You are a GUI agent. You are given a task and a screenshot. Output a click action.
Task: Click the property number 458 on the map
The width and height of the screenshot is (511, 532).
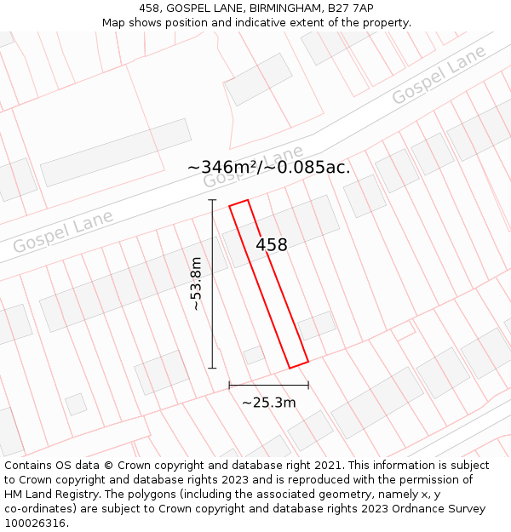(x=272, y=245)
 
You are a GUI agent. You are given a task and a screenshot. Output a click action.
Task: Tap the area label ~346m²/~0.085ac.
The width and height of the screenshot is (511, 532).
(x=268, y=168)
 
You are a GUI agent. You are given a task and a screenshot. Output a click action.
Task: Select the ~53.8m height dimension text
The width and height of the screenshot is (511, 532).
(x=197, y=283)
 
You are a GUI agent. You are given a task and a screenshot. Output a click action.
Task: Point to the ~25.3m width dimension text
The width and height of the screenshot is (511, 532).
(x=268, y=403)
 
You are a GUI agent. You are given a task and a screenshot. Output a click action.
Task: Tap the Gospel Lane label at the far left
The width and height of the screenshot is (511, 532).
(x=63, y=234)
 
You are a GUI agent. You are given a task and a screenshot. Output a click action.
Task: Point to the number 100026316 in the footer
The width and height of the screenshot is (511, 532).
(x=35, y=523)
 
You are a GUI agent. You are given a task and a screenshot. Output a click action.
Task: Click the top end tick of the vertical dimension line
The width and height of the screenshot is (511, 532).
(x=212, y=200)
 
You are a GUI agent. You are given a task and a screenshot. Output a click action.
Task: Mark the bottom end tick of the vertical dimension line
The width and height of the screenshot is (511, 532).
(x=212, y=369)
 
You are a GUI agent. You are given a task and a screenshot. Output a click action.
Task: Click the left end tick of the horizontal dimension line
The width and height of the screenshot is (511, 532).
(x=229, y=386)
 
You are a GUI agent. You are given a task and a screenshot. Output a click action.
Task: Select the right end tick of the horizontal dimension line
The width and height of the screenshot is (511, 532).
(x=308, y=386)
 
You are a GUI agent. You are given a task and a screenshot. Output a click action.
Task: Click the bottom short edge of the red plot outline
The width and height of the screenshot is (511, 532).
(x=298, y=365)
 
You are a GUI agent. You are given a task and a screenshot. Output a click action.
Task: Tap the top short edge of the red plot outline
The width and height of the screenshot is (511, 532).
(x=238, y=203)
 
